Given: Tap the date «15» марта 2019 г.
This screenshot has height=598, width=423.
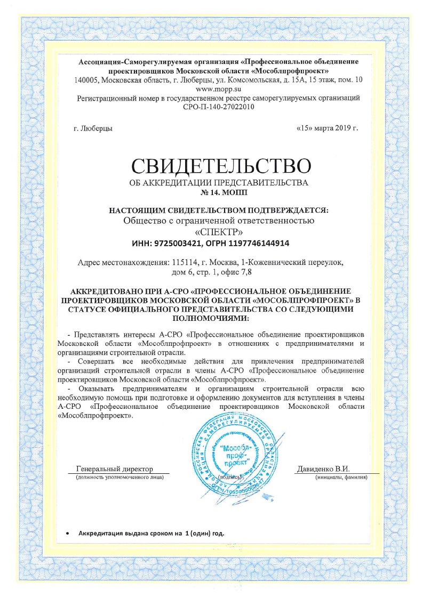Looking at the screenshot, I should tap(326, 128).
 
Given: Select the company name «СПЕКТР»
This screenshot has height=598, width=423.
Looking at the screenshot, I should tap(219, 232).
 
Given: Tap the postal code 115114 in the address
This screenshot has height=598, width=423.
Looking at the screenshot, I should tap(183, 263).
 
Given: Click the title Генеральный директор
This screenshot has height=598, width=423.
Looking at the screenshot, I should tap(114, 468).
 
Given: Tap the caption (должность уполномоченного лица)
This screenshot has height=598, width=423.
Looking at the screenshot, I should tap(119, 476).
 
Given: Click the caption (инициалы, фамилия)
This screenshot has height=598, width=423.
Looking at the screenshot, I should tap(342, 476).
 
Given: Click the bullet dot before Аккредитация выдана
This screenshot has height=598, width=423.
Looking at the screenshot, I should tap(67, 534).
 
